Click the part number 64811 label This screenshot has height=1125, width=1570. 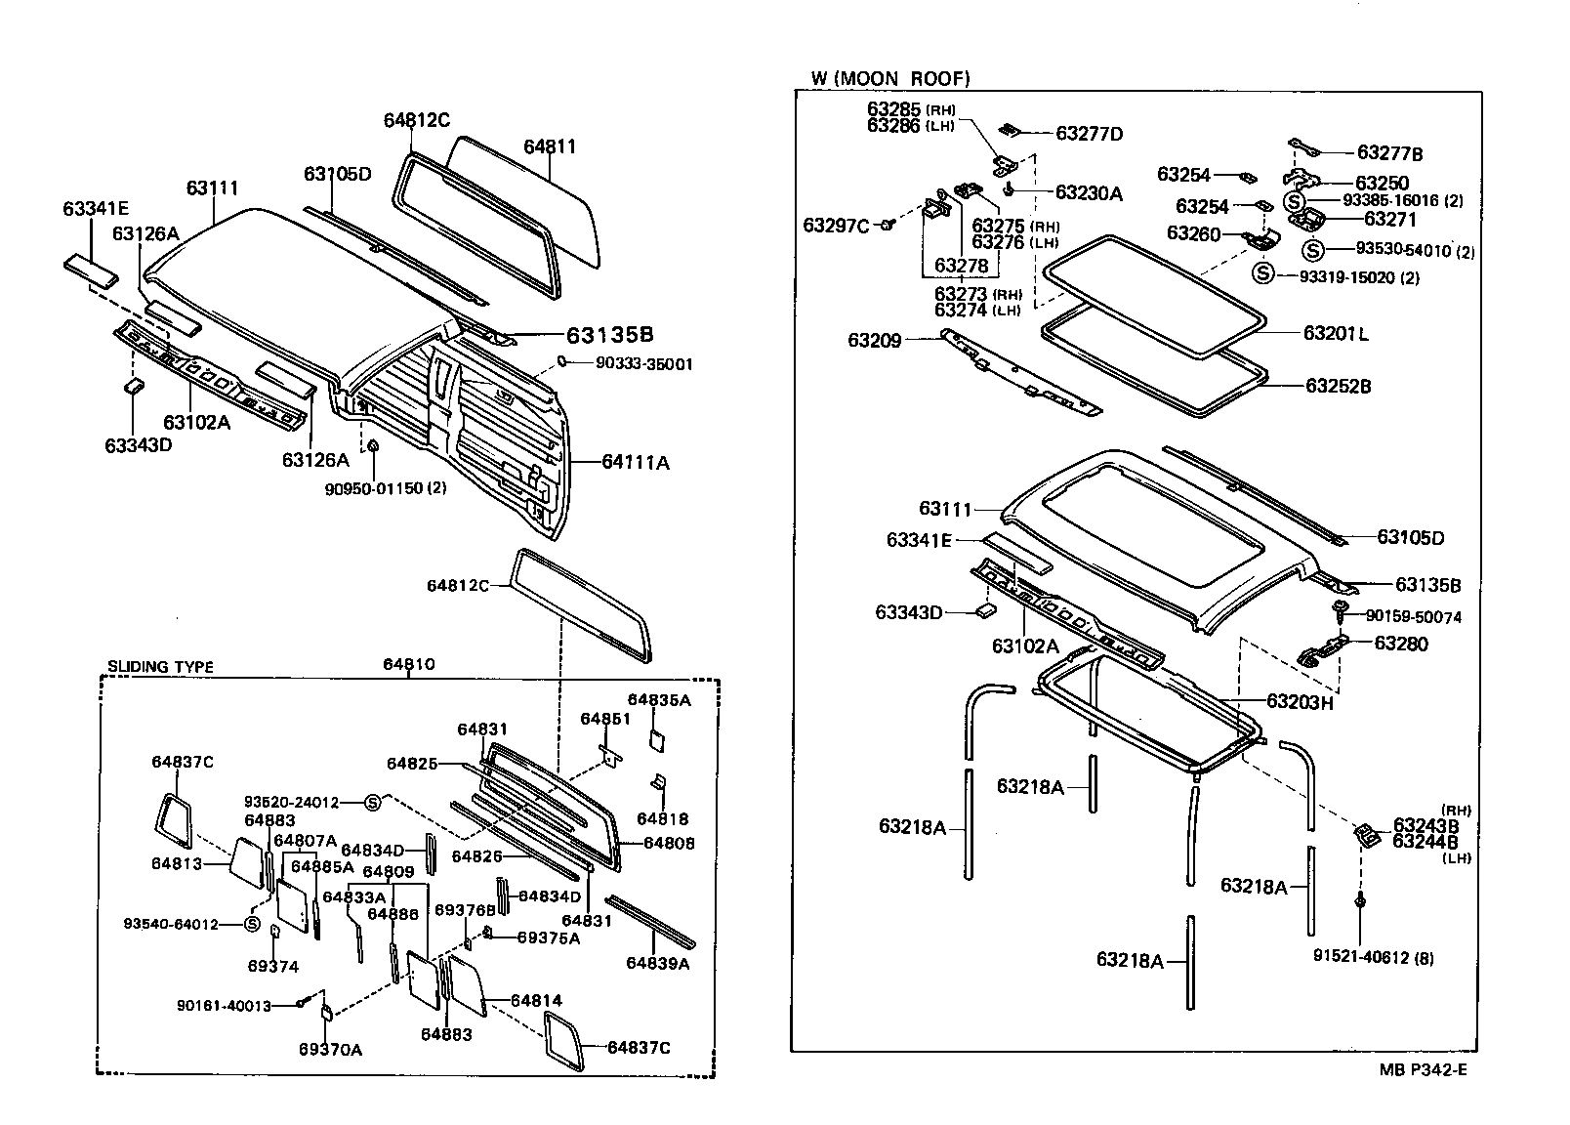(x=550, y=146)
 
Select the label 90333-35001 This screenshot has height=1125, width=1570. (x=632, y=364)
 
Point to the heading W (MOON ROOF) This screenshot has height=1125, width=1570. (x=890, y=78)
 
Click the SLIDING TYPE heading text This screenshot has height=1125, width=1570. (x=160, y=668)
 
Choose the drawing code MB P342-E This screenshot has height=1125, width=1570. (x=1423, y=1068)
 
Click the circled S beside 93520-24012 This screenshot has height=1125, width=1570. (x=372, y=803)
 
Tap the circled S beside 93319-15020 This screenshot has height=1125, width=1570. (x=1263, y=273)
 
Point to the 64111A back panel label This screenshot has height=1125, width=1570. (x=635, y=462)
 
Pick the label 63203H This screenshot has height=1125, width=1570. (x=1300, y=701)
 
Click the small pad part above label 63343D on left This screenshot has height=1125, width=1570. (x=134, y=387)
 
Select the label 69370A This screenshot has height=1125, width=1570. (x=330, y=1049)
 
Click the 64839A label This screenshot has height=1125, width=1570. (x=657, y=963)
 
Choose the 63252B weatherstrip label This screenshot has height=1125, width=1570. (x=1338, y=386)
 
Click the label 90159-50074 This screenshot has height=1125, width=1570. (x=1413, y=616)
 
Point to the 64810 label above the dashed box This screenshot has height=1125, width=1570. (x=408, y=664)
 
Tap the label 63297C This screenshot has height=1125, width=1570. (x=836, y=226)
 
